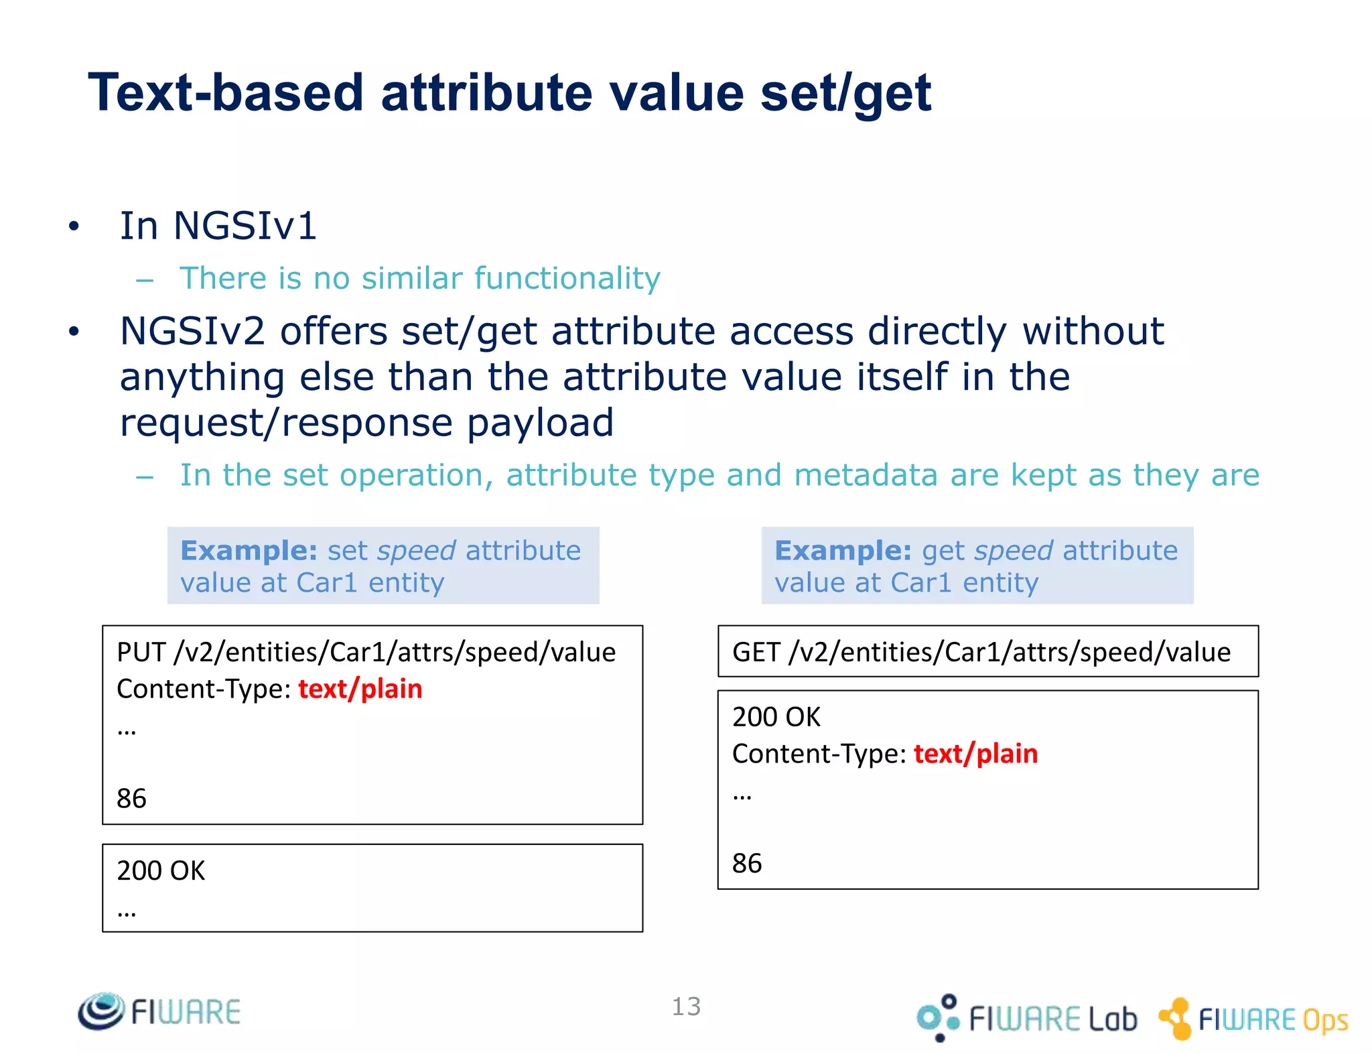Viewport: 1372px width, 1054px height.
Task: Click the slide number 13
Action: (686, 1006)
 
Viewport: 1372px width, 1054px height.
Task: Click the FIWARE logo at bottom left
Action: (159, 1011)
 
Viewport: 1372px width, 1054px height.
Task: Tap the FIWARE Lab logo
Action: (1028, 1018)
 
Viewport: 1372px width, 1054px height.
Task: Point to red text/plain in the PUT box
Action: (360, 689)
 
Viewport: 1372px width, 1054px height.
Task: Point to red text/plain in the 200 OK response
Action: (976, 754)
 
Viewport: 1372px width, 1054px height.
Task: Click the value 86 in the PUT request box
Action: (131, 799)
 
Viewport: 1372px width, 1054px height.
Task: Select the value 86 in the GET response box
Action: (747, 864)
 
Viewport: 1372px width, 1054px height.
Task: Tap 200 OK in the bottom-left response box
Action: (161, 871)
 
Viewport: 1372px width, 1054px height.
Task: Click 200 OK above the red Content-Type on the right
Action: (776, 718)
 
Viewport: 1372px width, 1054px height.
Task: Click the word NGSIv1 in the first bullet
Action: (245, 226)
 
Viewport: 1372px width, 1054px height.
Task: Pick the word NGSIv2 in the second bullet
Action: (193, 332)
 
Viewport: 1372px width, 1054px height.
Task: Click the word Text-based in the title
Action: (226, 92)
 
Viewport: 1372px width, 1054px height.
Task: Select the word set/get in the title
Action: (845, 94)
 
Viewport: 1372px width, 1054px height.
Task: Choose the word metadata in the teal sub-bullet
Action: (866, 476)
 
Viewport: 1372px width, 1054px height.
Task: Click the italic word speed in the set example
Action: (417, 551)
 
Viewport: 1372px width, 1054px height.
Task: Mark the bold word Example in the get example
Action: (843, 551)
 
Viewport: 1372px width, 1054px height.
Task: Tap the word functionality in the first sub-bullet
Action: (567, 279)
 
